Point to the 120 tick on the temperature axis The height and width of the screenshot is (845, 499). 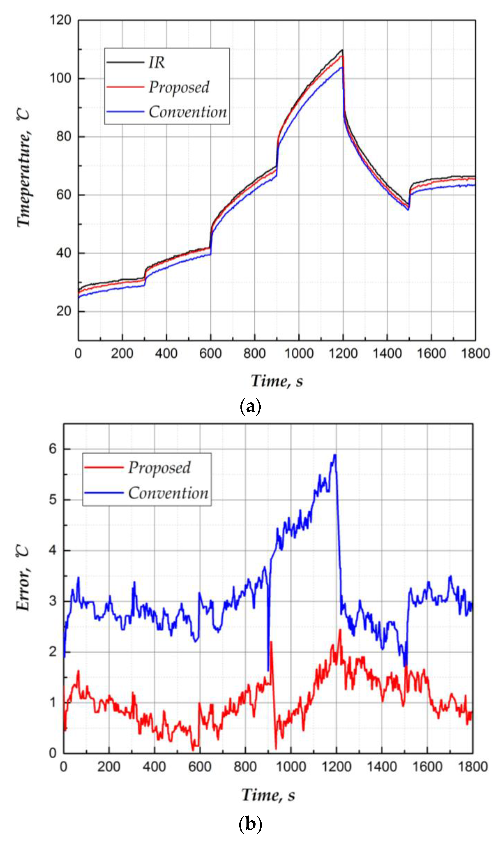pyautogui.click(x=61, y=20)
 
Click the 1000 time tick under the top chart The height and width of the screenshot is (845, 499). pyautogui.click(x=299, y=354)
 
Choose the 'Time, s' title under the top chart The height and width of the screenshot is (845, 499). pyautogui.click(x=277, y=381)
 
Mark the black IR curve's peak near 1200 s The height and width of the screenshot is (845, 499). pyautogui.click(x=342, y=50)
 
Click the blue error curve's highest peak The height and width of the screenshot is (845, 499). pyautogui.click(x=335, y=455)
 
